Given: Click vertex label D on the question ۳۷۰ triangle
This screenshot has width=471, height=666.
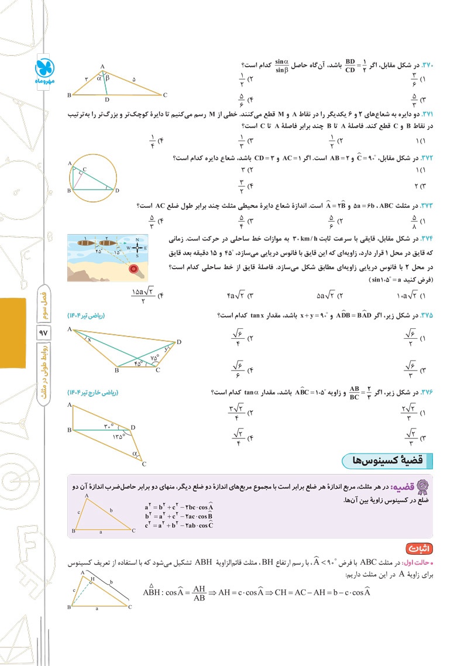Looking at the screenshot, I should point(107,99).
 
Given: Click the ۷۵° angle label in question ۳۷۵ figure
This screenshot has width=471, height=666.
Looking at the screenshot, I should point(154,358).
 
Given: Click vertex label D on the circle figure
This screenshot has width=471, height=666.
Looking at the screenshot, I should point(117,191).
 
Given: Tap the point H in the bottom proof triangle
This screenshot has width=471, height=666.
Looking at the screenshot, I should point(92,578).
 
